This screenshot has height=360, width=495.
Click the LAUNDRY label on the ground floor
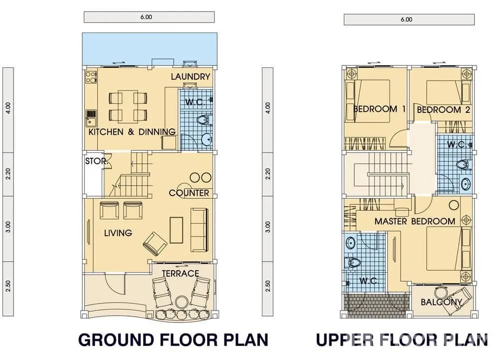190,76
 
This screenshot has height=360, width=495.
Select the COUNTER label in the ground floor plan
189,193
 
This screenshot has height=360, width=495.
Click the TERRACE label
180,273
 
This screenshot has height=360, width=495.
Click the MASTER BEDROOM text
415,221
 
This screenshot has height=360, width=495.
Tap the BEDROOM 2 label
443,109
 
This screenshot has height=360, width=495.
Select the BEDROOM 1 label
379,109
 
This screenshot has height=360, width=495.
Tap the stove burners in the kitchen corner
91,77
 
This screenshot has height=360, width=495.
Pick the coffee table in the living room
176,230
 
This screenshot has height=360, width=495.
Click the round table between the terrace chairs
182,302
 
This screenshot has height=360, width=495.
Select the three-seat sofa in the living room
199,230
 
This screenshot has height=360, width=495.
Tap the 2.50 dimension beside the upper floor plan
268,286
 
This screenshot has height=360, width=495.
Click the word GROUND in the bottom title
119,340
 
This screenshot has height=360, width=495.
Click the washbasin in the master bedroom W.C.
351,243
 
